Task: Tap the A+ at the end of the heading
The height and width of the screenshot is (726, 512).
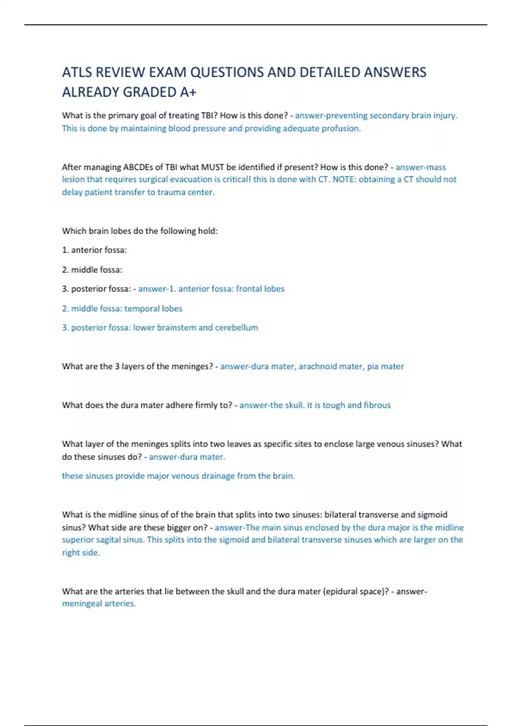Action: point(187,92)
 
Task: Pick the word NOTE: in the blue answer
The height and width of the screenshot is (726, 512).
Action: point(344,179)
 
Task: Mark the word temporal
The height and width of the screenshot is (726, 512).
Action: point(142,308)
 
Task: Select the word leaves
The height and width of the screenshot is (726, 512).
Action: point(239,444)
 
